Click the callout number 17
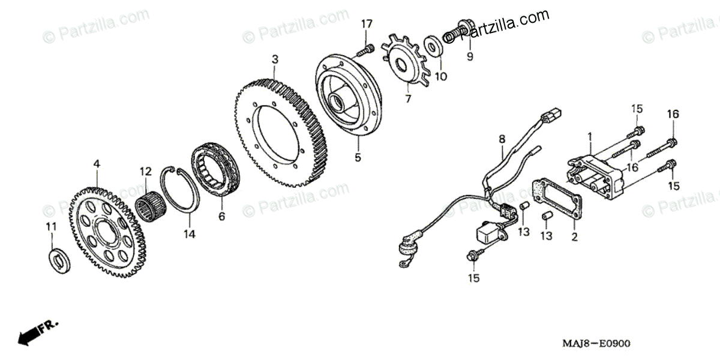(x=367, y=24)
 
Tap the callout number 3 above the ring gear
(x=275, y=59)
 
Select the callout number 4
(x=97, y=163)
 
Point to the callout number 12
(x=144, y=172)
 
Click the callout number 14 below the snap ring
(x=189, y=235)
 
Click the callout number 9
(x=470, y=56)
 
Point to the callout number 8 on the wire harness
(x=502, y=139)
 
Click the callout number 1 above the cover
(x=590, y=137)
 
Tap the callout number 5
(x=358, y=158)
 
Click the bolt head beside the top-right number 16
(x=673, y=142)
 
